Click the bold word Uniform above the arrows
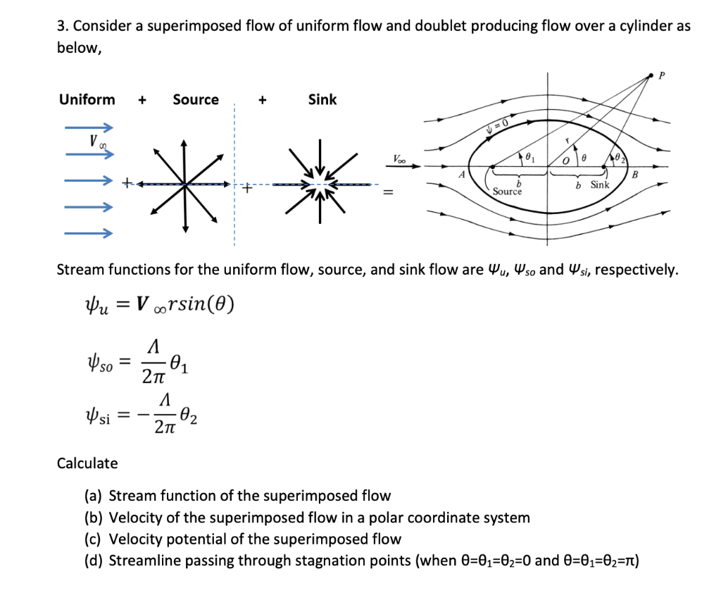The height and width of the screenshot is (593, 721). pyautogui.click(x=87, y=100)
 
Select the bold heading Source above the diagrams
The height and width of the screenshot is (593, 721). pyautogui.click(x=196, y=100)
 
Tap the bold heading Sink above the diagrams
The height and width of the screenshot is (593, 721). pyautogui.click(x=322, y=100)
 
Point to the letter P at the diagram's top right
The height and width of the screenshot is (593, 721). pyautogui.click(x=660, y=73)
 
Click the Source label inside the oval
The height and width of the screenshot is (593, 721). pyautogui.click(x=507, y=192)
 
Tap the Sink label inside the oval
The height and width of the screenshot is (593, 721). pyautogui.click(x=599, y=185)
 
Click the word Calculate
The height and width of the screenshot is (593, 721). pyautogui.click(x=87, y=463)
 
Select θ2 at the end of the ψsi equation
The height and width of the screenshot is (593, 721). pyautogui.click(x=189, y=418)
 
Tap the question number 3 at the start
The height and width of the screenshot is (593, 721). pyautogui.click(x=61, y=27)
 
